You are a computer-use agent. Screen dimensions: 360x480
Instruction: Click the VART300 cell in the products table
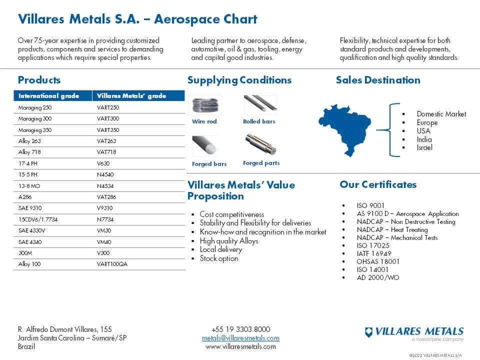(108, 119)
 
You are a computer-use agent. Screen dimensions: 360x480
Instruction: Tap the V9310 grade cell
(105, 208)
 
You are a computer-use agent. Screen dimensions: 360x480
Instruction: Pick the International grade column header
(49, 95)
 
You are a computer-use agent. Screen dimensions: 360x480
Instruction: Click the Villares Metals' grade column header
(131, 95)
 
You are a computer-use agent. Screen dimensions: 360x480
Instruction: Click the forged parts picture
(260, 145)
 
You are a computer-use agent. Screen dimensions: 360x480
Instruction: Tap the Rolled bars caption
(259, 121)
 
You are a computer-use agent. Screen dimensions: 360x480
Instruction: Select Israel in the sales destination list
(424, 147)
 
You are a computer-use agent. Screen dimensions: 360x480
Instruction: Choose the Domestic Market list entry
(441, 114)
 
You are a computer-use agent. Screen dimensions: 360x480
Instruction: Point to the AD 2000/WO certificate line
(378, 277)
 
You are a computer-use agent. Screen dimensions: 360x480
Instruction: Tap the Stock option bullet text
(219, 258)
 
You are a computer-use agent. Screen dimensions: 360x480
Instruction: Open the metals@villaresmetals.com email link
(240, 338)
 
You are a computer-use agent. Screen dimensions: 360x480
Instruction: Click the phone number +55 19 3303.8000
(240, 329)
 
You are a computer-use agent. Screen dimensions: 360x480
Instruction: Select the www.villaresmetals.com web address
(240, 346)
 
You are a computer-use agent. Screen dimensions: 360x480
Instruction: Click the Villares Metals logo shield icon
(369, 331)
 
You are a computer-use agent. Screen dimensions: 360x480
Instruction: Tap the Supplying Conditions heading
(239, 80)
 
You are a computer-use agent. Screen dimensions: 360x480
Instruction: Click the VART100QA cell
(112, 264)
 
